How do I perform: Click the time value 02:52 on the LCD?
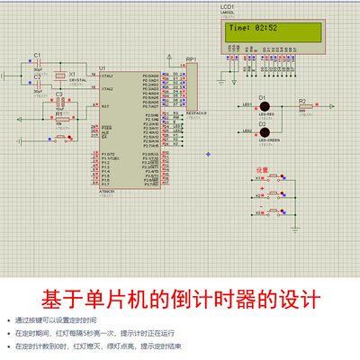pyautogui.click(x=267, y=28)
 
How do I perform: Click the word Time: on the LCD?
pyautogui.click(x=241, y=28)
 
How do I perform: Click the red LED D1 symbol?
pyautogui.click(x=264, y=106)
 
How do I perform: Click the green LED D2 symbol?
pyautogui.click(x=264, y=130)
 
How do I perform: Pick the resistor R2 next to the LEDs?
pyautogui.click(x=303, y=106)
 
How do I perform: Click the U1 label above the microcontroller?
pyautogui.click(x=103, y=68)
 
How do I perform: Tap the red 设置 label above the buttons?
pyautogui.click(x=263, y=169)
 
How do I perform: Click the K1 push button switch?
pyautogui.click(x=274, y=177)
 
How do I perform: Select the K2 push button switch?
pyautogui.click(x=274, y=194)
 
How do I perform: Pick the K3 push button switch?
pyautogui.click(x=274, y=212)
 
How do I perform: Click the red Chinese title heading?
pyautogui.click(x=179, y=298)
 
